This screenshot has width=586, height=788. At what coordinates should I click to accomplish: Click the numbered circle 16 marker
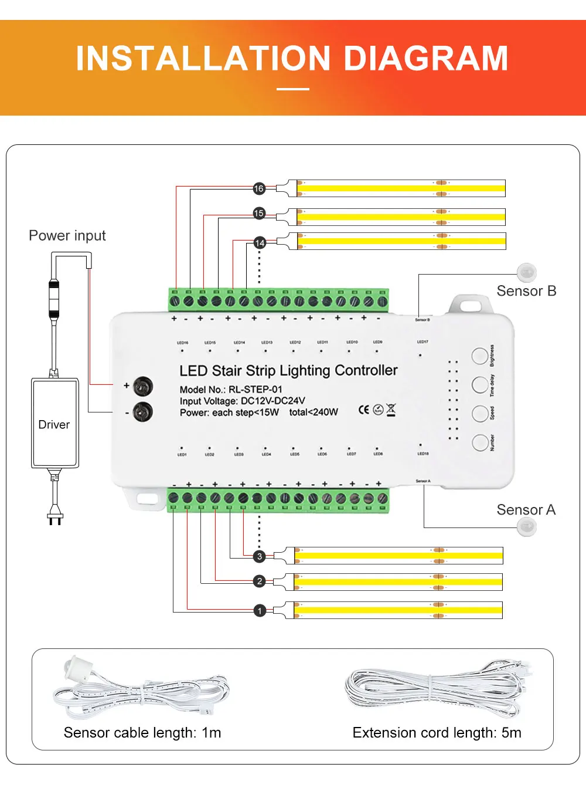[259, 188]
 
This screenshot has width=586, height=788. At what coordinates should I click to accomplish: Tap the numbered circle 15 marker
[259, 213]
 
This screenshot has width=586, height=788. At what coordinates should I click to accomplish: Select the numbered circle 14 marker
[260, 242]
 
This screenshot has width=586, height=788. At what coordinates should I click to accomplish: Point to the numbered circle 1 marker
[260, 611]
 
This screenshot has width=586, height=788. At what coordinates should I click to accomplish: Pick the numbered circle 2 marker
[260, 581]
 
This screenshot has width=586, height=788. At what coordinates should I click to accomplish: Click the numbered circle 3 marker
[260, 556]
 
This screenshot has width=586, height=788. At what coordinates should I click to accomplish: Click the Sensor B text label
[526, 291]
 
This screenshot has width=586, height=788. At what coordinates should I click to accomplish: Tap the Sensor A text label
[526, 510]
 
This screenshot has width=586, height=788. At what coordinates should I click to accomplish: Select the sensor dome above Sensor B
[527, 272]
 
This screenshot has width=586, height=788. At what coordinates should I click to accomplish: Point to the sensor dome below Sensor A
[527, 527]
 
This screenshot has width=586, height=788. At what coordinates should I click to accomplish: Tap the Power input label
[67, 236]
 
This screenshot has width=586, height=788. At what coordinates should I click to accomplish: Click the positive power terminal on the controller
[142, 386]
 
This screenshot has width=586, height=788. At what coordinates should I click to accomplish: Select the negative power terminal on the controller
[142, 412]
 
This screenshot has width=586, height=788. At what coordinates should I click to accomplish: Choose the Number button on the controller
[480, 442]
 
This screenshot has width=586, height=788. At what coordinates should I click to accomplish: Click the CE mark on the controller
[364, 410]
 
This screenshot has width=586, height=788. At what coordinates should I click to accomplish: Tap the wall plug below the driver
[54, 517]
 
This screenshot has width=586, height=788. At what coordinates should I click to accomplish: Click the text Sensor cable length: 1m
[142, 733]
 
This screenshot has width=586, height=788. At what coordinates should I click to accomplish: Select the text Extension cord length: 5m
[437, 733]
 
